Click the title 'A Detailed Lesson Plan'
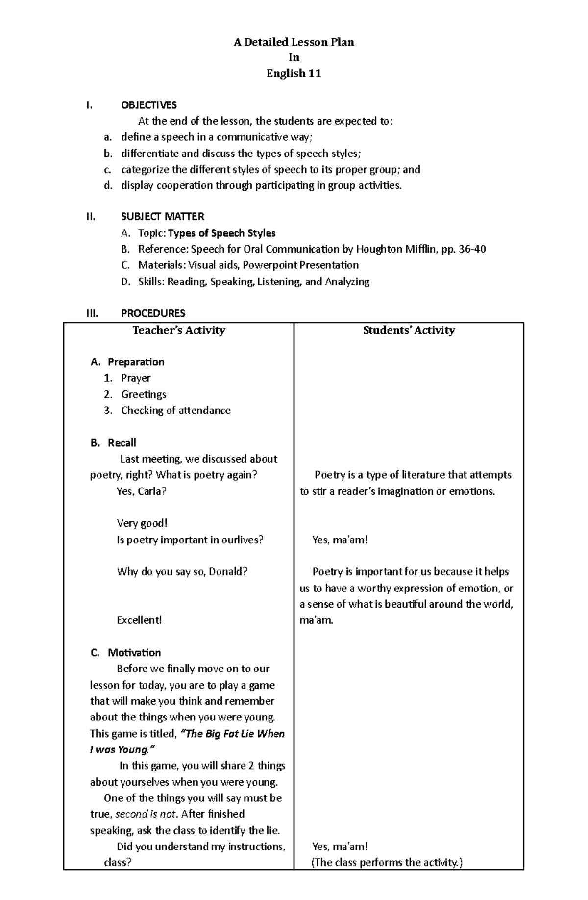pyautogui.click(x=294, y=42)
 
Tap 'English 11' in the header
pyautogui.click(x=294, y=74)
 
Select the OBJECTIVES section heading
pyautogui.click(x=149, y=105)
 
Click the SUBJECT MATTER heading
pyautogui.click(x=162, y=216)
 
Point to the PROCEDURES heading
pyautogui.click(x=153, y=313)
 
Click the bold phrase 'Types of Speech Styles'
pyautogui.click(x=222, y=233)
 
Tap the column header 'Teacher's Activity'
pyautogui.click(x=179, y=330)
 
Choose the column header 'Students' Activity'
pyautogui.click(x=409, y=330)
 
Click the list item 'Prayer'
pyautogui.click(x=136, y=378)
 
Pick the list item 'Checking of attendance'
pyautogui.click(x=175, y=410)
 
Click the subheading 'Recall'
pyautogui.click(x=122, y=443)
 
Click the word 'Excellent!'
pyautogui.click(x=139, y=620)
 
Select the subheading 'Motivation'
pyautogui.click(x=134, y=652)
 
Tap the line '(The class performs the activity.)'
pyautogui.click(x=387, y=862)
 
